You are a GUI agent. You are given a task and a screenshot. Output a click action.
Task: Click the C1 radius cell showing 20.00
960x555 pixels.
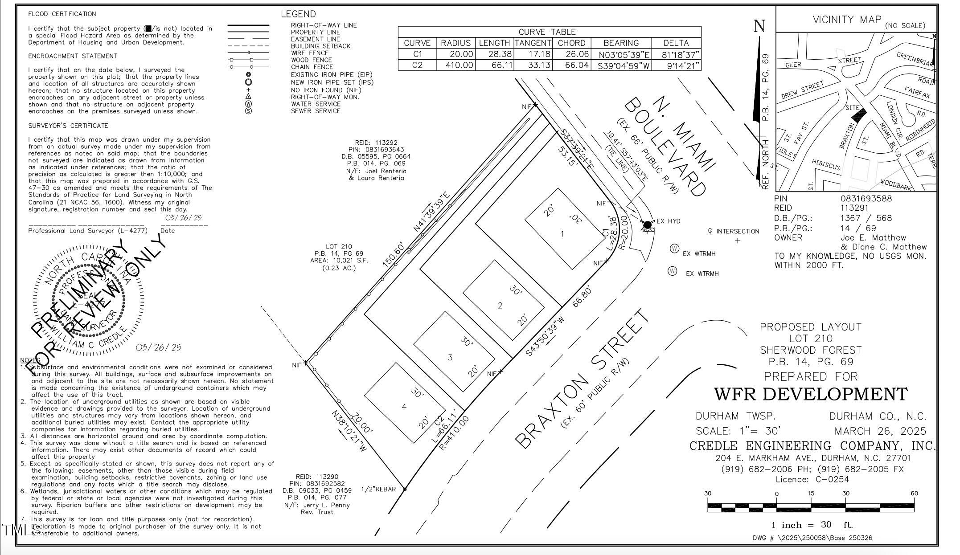pos(456,54)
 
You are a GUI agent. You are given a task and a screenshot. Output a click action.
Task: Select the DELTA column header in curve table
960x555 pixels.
pos(676,43)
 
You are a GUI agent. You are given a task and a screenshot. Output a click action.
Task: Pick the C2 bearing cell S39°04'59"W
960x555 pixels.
pos(621,65)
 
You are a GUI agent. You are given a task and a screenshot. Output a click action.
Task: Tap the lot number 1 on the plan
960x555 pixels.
pos(562,234)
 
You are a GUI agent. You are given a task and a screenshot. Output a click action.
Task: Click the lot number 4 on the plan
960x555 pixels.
pos(404,407)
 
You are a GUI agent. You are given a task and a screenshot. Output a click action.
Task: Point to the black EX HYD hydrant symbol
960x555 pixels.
pos(647,224)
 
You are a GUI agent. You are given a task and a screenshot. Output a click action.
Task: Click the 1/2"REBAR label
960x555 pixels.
pos(378,489)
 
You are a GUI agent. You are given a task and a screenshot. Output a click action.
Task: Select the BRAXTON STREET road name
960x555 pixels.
pos(582,379)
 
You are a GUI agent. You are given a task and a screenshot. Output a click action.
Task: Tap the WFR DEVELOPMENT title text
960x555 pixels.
pos(811,394)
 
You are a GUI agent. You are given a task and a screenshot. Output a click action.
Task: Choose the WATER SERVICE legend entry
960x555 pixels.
pos(316,104)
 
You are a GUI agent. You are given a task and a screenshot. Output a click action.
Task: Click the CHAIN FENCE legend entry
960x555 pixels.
pos(312,67)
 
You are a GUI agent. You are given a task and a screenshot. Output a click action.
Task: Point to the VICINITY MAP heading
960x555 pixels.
pos(847,20)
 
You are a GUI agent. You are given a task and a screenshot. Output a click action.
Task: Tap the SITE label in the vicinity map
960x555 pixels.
pos(852,108)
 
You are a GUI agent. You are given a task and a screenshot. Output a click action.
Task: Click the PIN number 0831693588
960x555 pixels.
pos(866,199)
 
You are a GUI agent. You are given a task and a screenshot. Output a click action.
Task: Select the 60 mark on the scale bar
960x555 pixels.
pos(914,494)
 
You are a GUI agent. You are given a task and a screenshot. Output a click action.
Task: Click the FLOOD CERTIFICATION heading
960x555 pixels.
pos(62,14)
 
